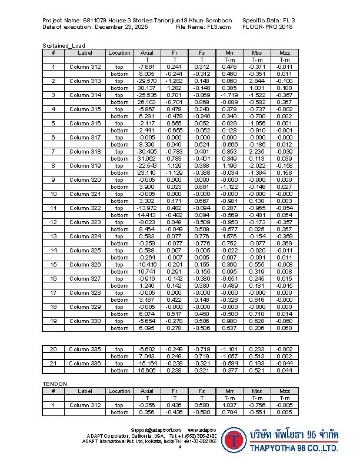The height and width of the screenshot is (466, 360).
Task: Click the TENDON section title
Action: (55, 384)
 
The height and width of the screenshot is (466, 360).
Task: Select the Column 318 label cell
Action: (85, 151)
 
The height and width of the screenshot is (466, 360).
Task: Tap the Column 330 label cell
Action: (85, 321)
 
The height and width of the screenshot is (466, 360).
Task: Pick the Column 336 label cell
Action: (85, 363)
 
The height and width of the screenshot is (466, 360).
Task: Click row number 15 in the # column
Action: (53, 264)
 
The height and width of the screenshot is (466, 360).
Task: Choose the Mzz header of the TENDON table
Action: (285, 391)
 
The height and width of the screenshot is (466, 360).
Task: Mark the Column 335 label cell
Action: (85, 349)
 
